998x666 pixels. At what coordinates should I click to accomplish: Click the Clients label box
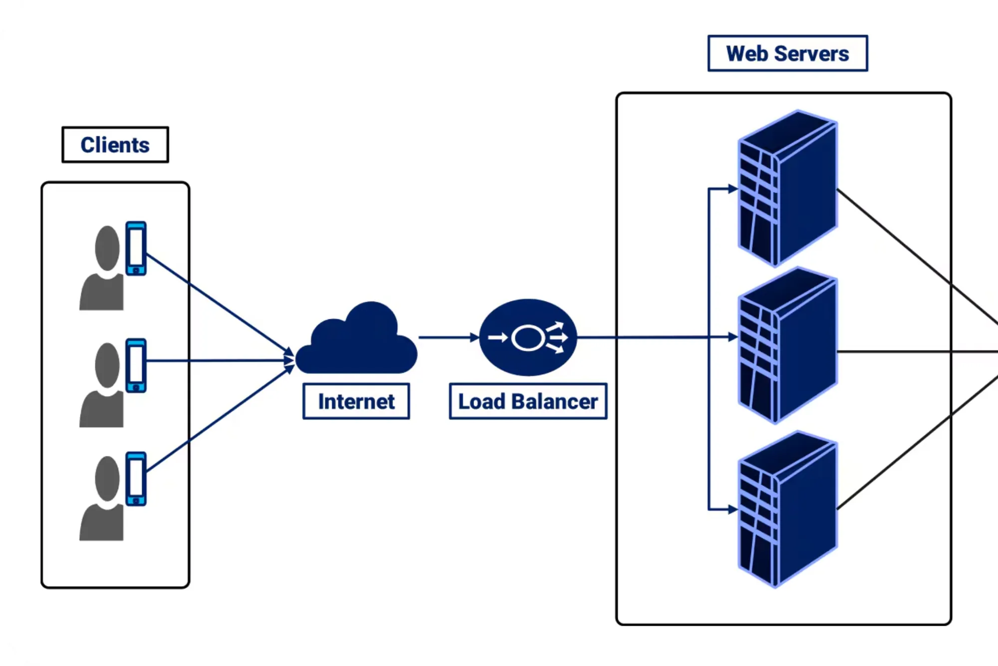click(115, 145)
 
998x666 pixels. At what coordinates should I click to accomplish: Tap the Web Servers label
click(787, 53)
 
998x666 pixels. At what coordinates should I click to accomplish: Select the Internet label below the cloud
click(356, 401)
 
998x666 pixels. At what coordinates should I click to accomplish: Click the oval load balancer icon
click(528, 337)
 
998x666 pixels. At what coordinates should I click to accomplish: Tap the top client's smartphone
click(136, 248)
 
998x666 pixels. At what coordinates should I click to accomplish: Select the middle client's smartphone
click(136, 365)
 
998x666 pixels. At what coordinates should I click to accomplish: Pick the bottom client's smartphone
click(136, 479)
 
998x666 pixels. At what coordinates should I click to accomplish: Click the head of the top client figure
click(107, 248)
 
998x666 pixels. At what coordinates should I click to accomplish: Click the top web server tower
click(787, 188)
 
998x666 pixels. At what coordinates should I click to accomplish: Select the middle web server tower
click(787, 345)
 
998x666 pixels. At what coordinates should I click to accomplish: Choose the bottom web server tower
click(787, 509)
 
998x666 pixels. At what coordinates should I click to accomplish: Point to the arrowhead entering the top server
click(733, 189)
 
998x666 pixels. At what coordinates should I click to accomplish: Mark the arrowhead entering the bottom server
click(733, 509)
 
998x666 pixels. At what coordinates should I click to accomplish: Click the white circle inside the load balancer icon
click(527, 338)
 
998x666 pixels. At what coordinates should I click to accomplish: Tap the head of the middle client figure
click(107, 365)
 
